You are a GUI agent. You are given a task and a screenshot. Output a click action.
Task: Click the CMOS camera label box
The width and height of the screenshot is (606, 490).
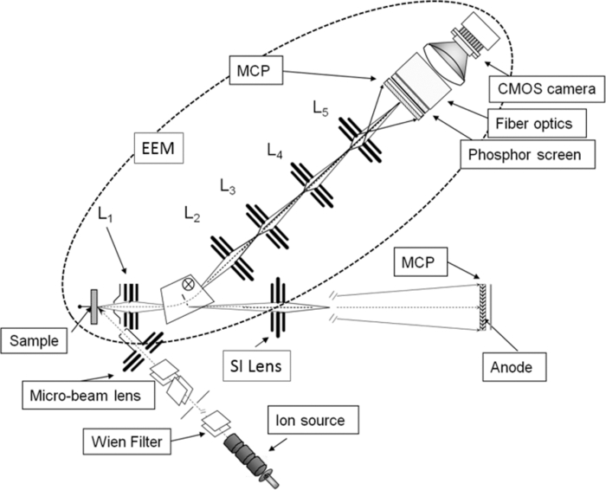pyautogui.click(x=544, y=87)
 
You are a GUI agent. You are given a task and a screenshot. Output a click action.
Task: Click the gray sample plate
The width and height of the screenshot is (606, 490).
pyautogui.click(x=93, y=307)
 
